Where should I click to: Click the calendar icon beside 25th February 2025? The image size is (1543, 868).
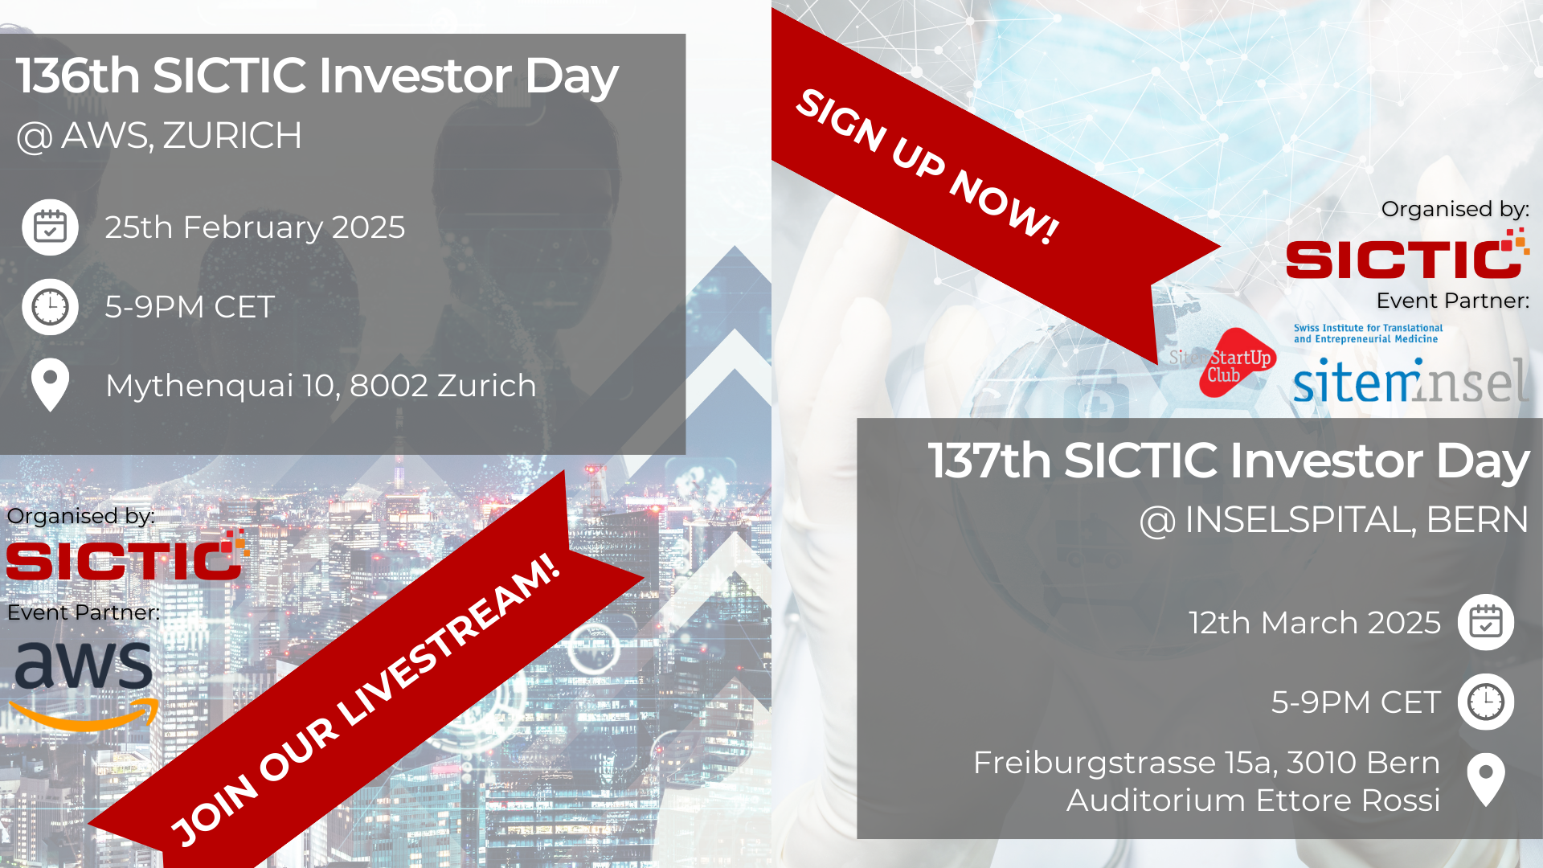click(50, 227)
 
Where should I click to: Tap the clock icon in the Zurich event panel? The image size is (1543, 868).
click(50, 307)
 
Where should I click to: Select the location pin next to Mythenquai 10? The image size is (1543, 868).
click(50, 385)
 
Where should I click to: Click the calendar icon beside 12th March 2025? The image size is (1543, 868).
click(1486, 622)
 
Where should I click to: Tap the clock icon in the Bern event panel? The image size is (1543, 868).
click(1486, 702)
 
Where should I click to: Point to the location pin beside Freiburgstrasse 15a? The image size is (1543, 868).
click(1486, 780)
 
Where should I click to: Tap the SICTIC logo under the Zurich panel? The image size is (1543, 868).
click(128, 555)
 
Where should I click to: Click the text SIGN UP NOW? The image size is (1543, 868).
click(927, 166)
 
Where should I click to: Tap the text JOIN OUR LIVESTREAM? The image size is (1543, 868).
click(366, 699)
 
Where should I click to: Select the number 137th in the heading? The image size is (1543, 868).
click(989, 461)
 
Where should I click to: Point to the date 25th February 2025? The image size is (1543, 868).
click(255, 227)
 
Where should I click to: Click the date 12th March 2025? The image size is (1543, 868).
click(1315, 623)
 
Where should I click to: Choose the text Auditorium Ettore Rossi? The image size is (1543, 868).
click(1253, 800)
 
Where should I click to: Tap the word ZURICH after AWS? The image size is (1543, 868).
click(232, 135)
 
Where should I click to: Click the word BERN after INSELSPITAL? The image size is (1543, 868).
click(1477, 519)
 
